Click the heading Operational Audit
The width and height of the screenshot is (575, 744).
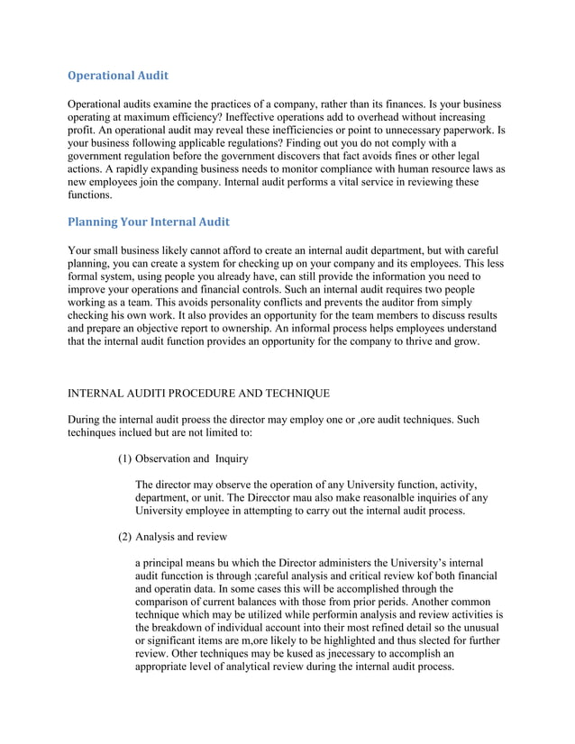(x=118, y=75)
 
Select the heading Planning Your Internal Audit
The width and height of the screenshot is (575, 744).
(x=150, y=222)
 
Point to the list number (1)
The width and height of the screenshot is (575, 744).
(x=125, y=458)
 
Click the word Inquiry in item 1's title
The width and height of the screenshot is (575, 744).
(x=231, y=458)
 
